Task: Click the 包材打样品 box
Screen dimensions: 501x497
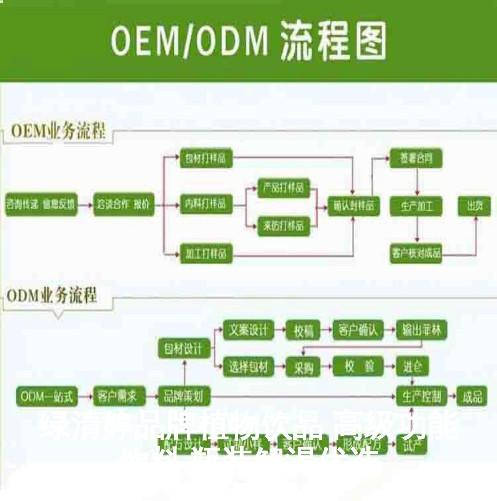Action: click(206, 158)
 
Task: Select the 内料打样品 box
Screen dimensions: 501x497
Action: click(206, 204)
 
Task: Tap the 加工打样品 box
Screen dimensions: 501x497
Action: click(206, 253)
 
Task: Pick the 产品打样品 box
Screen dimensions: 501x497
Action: click(283, 188)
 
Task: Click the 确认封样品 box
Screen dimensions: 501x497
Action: click(353, 206)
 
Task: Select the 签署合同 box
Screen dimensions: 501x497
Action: click(416, 158)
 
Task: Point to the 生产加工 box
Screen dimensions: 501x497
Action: click(416, 206)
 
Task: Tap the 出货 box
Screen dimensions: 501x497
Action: click(474, 206)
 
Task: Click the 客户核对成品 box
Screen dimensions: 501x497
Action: click(416, 253)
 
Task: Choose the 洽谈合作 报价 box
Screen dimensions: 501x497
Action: click(124, 205)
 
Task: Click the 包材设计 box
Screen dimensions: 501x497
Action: click(184, 348)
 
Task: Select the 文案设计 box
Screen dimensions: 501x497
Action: click(248, 330)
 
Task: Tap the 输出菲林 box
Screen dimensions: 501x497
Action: click(421, 330)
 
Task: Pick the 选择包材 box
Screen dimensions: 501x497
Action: click(248, 367)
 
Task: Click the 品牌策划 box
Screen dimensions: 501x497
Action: click(184, 396)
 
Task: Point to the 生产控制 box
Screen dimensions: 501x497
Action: click(421, 396)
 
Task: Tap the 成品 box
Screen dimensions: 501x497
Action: click(472, 396)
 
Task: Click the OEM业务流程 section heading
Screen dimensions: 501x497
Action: click(58, 131)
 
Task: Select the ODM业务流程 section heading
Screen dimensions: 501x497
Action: click(52, 295)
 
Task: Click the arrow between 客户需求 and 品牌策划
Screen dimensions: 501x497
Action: click(152, 396)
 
